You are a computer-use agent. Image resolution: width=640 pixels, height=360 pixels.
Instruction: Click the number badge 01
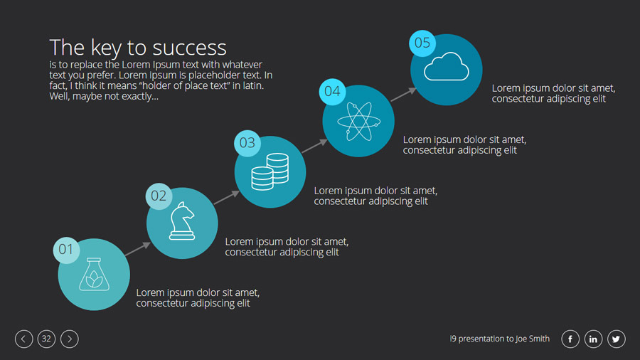[66, 250]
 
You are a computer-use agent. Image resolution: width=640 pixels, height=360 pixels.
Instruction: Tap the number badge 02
[159, 196]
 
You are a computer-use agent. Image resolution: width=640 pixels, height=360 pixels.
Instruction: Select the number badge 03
[247, 143]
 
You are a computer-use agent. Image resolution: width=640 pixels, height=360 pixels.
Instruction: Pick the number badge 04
[332, 92]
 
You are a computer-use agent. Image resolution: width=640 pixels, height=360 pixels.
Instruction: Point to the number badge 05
[422, 43]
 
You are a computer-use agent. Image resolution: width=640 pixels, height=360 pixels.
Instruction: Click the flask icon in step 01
[94, 275]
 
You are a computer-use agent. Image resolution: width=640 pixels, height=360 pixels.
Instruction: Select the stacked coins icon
[270, 171]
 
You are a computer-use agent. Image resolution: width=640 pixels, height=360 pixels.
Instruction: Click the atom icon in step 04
[359, 121]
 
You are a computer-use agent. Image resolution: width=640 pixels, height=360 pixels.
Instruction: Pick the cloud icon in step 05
[446, 67]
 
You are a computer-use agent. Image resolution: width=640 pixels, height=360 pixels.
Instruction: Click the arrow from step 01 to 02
[137, 249]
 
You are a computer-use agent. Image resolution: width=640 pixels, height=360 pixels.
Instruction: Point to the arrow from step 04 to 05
[403, 95]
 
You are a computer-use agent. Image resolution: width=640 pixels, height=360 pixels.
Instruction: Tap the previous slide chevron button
[23, 339]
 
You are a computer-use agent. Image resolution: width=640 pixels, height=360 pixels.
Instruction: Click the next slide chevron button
[70, 339]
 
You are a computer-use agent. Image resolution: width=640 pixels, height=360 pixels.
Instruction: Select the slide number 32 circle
[46, 339]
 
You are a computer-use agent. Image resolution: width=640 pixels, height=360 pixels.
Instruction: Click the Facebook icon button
[570, 339]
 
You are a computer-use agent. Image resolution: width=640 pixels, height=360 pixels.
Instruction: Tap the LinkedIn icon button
[593, 339]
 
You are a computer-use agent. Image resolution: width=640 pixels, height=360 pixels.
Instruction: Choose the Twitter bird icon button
[616, 339]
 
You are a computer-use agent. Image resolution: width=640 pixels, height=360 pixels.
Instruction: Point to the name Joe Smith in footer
[532, 339]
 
